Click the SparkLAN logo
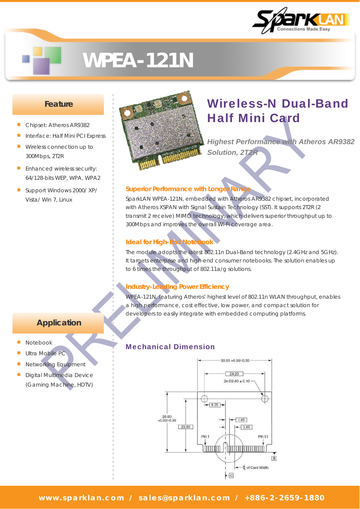click(x=301, y=21)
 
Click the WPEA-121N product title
click(x=138, y=61)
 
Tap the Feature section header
click(x=58, y=104)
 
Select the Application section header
click(x=58, y=323)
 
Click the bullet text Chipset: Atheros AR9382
click(x=57, y=125)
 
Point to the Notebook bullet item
click(x=39, y=343)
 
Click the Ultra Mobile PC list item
click(x=45, y=353)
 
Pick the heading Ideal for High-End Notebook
click(x=169, y=242)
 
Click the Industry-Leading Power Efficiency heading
click(x=177, y=287)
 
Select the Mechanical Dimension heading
click(x=170, y=347)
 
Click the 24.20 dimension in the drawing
click(x=234, y=374)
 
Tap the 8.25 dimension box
click(x=215, y=405)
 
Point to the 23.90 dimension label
click(x=186, y=427)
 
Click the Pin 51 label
click(x=263, y=436)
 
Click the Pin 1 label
click(x=205, y=436)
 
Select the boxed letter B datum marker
click(x=274, y=459)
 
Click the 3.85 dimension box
click(x=247, y=427)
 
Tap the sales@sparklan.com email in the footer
click(x=184, y=498)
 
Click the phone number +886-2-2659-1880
click(x=285, y=498)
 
